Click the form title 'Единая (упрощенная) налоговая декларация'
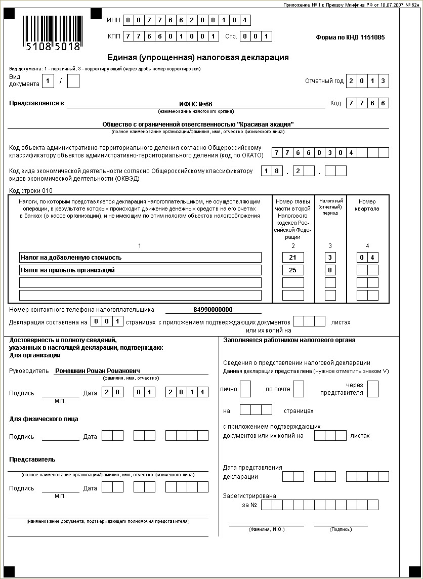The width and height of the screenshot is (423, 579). tap(198, 58)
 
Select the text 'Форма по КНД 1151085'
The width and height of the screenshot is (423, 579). tap(350, 37)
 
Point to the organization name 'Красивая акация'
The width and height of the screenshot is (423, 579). tap(198, 124)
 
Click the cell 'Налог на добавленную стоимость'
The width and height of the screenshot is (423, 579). tap(140, 258)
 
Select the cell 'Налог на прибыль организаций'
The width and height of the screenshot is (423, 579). tap(140, 270)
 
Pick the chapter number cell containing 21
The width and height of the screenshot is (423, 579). tap(293, 258)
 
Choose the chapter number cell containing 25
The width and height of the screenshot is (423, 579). tap(293, 270)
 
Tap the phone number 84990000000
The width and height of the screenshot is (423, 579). tap(213, 310)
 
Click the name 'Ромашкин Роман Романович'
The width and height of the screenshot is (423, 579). tap(98, 371)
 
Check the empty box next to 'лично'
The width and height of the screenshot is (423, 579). tap(245, 389)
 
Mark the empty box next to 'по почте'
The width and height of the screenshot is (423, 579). tap(299, 389)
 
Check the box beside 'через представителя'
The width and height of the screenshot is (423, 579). tap(373, 389)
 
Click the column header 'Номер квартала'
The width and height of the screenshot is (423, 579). tap(367, 205)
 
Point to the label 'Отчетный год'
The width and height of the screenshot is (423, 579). tap(324, 81)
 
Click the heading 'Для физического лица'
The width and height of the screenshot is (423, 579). tap(44, 419)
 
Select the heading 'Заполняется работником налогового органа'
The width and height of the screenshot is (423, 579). tap(289, 340)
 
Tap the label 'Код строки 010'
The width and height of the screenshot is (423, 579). tap(31, 191)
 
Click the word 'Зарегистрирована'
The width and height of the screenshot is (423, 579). tap(249, 496)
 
